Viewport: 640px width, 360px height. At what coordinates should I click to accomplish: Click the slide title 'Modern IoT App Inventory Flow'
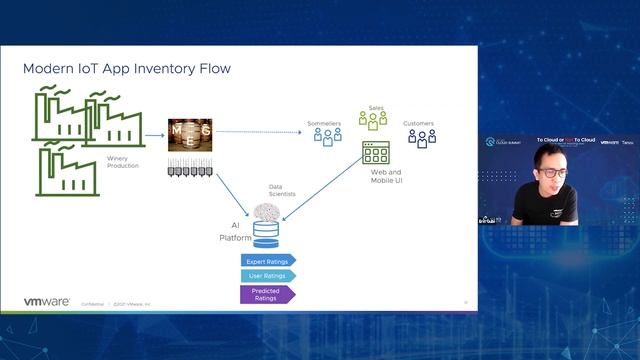tap(127, 69)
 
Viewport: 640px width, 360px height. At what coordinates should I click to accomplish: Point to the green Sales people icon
tap(373, 118)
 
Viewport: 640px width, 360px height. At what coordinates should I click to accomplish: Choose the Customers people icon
tap(421, 138)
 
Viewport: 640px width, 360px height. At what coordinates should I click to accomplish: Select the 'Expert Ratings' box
tap(268, 260)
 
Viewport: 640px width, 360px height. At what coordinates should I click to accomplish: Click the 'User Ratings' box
tap(268, 275)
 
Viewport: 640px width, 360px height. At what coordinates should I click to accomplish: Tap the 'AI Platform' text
tap(236, 233)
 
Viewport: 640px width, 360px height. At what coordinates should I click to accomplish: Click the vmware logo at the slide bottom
tap(46, 301)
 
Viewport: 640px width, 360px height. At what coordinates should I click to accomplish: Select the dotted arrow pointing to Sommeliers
tap(260, 131)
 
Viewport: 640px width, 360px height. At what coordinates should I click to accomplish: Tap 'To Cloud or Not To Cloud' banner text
tap(566, 140)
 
